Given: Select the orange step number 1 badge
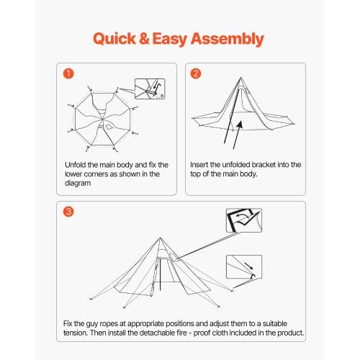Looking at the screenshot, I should click(x=68, y=73).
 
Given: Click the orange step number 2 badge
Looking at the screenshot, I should click(x=195, y=73).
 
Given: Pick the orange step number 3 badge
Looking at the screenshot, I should click(x=68, y=212).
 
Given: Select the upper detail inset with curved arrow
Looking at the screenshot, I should click(x=243, y=221).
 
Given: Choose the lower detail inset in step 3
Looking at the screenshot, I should click(x=243, y=267).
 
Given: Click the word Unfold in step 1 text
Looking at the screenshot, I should click(x=77, y=165).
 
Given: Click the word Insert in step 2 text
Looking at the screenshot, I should click(x=203, y=165).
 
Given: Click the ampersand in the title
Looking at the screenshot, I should click(x=148, y=38).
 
